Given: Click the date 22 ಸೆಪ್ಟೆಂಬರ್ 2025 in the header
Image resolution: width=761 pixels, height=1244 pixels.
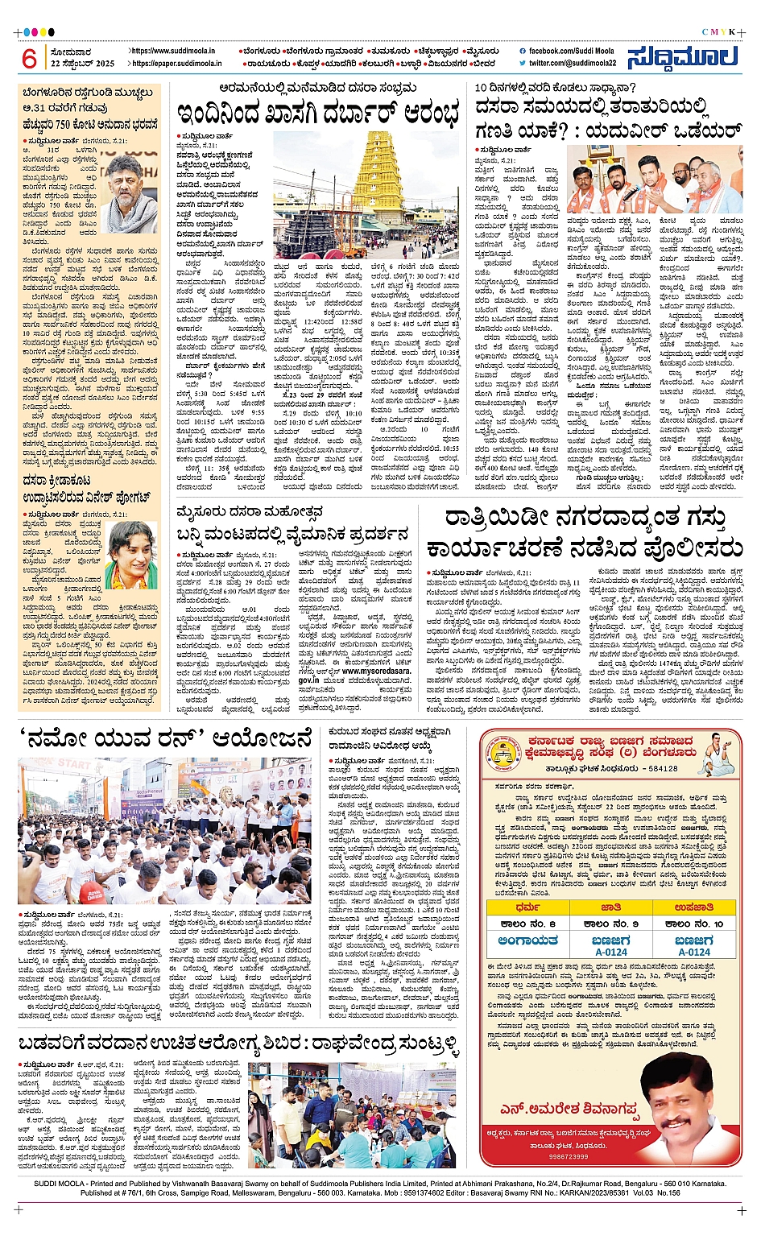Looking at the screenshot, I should click(83, 63).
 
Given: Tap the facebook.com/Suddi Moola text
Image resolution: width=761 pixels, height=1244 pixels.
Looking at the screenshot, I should click(572, 51).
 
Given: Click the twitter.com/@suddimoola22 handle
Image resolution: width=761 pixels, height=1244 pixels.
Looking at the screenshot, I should click(573, 63).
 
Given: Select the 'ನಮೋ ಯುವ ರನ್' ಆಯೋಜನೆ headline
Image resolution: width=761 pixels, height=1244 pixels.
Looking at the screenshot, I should click(164, 737).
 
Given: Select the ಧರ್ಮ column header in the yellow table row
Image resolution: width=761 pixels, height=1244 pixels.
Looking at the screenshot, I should click(527, 907).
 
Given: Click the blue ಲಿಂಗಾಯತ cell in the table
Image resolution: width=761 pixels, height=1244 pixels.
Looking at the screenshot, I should click(527, 940).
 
